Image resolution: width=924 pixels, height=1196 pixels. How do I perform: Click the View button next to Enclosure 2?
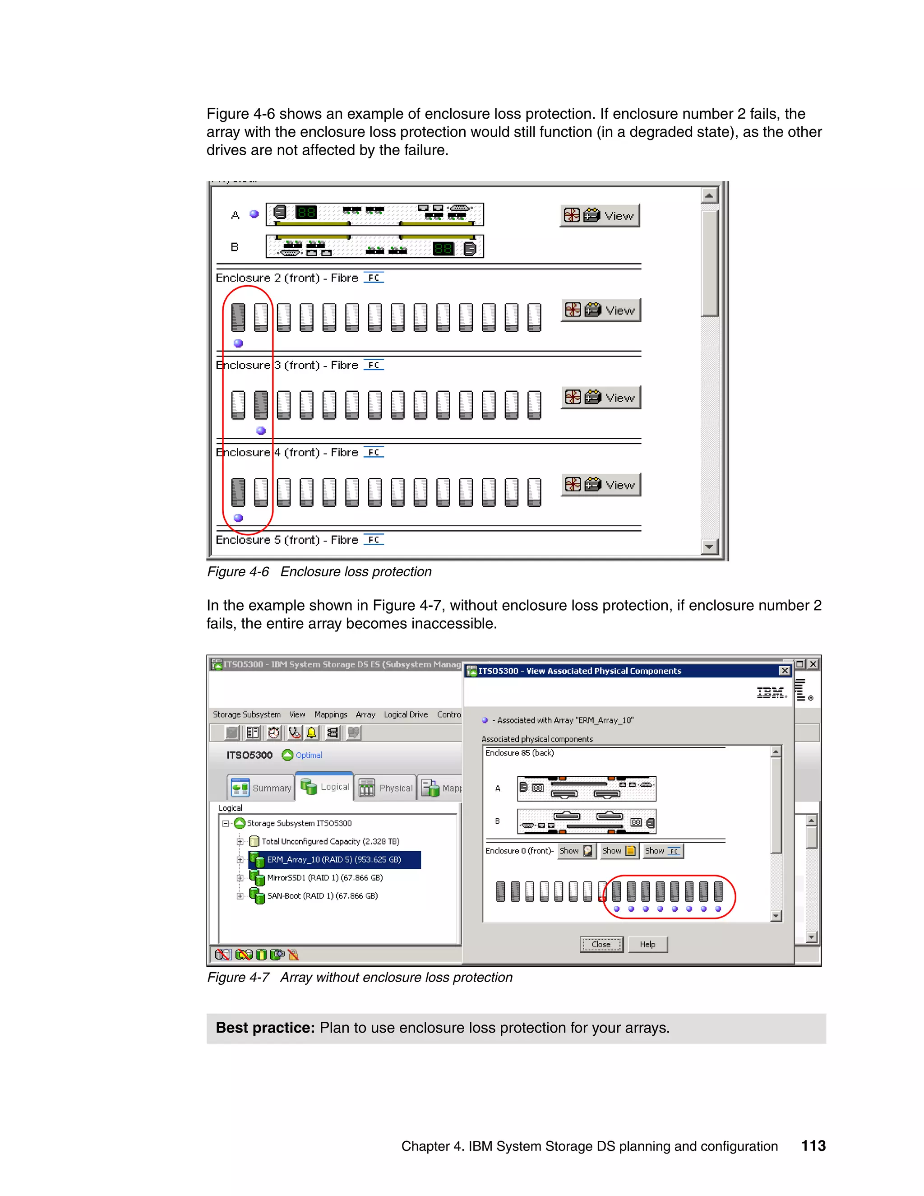click(601, 311)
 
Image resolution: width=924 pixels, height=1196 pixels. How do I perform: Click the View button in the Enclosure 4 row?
click(601, 485)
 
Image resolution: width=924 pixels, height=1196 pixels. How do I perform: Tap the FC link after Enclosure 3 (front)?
click(374, 365)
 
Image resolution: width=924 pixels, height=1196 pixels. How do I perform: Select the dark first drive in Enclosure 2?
click(238, 318)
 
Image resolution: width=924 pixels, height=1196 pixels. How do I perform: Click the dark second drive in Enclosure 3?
click(261, 405)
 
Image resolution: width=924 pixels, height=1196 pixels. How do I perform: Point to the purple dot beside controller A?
click(254, 214)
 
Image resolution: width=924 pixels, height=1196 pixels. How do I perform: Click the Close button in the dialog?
click(601, 945)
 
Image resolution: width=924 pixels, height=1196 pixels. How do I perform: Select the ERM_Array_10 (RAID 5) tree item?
click(334, 860)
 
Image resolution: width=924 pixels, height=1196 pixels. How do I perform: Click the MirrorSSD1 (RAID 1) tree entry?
click(324, 878)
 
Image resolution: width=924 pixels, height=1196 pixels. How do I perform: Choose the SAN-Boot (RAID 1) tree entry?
click(323, 896)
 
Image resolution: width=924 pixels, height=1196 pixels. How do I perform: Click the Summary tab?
click(262, 788)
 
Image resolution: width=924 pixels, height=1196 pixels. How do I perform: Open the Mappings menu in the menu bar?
click(331, 714)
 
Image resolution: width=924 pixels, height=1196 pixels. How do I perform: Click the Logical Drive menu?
click(406, 714)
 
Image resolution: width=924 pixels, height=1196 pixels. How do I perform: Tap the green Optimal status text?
click(309, 755)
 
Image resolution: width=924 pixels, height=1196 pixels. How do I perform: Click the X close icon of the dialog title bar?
click(785, 671)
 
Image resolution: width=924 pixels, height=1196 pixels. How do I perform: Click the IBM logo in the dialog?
click(771, 693)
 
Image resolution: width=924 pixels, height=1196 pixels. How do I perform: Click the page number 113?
click(813, 1145)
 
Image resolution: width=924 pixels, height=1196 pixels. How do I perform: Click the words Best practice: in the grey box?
click(265, 1028)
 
